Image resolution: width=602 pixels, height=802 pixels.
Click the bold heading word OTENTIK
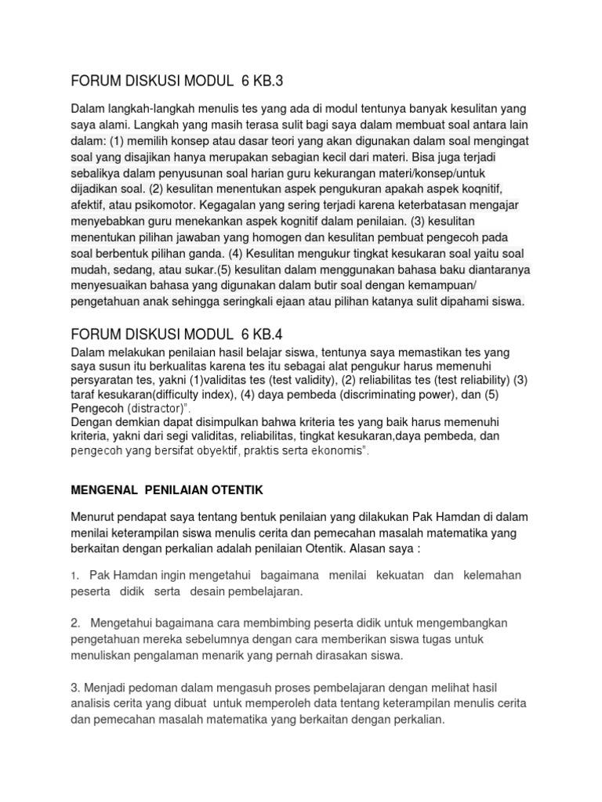coord(234,490)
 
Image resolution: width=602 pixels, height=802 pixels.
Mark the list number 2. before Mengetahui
coord(75,623)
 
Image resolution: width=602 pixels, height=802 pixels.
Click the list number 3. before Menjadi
coord(75,687)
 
